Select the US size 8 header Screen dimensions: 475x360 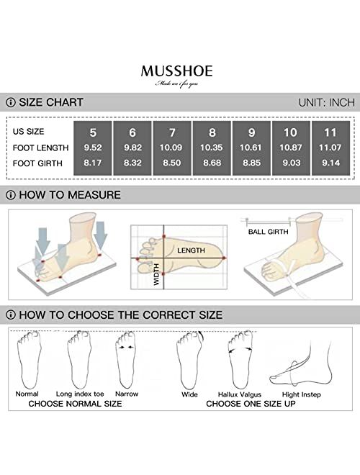[212, 132]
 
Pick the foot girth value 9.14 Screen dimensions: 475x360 [331, 164]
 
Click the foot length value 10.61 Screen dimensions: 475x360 [252, 148]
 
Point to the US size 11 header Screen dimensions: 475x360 [331, 132]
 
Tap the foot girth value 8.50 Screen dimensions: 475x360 [173, 164]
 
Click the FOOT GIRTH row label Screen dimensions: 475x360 [40, 164]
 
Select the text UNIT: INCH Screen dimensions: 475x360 [326, 102]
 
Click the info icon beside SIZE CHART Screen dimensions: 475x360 [10, 102]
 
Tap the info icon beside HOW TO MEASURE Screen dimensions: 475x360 [10, 194]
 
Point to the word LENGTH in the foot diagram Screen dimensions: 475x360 [191, 250]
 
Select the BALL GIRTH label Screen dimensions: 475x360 [269, 232]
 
